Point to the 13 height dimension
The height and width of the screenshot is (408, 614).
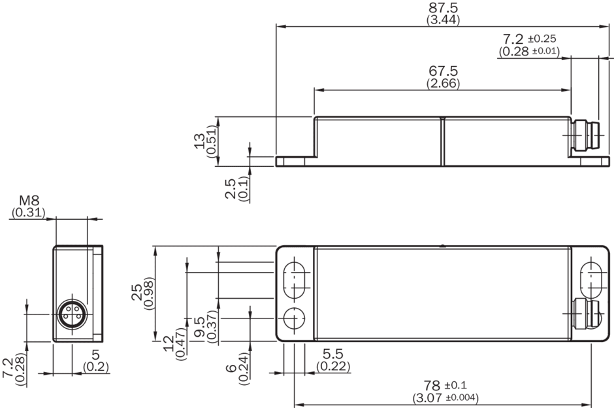point(201,143)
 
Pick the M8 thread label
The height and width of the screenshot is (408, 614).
point(28,200)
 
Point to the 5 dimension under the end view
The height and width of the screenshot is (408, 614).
point(95,356)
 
